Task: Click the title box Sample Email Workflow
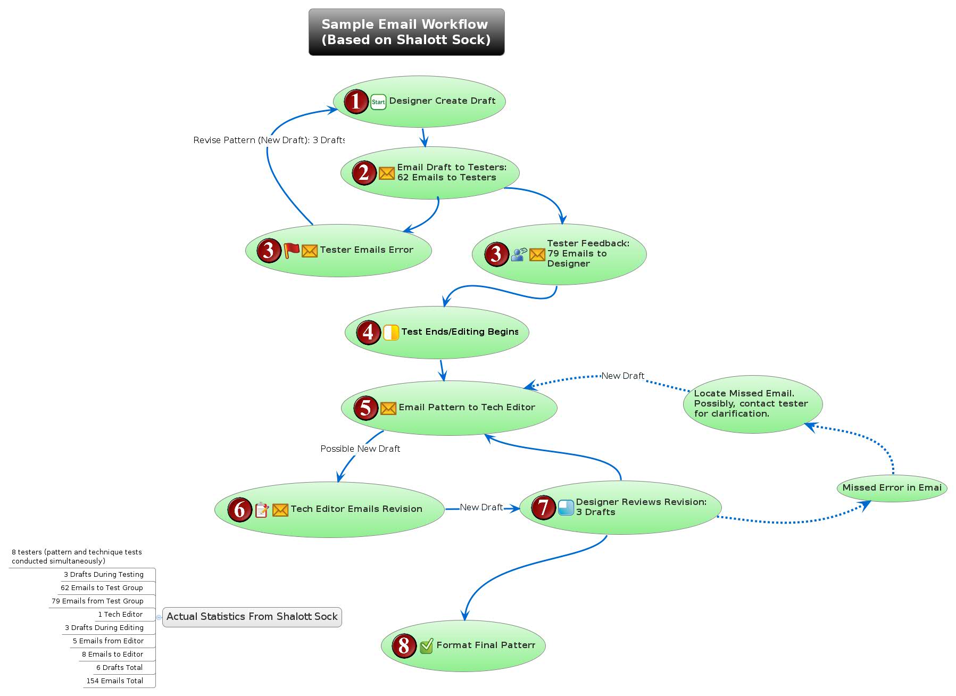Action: pos(406,32)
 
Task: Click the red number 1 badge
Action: pos(356,101)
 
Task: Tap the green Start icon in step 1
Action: pos(378,102)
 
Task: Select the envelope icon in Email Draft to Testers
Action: pos(387,173)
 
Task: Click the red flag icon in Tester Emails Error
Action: pos(291,250)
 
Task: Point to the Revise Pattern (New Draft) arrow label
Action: pos(269,140)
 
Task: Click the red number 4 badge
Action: pos(368,333)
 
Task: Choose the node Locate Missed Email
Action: pos(752,404)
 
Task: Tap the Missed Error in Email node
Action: pos(892,488)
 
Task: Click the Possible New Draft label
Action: pos(360,449)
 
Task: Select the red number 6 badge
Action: pos(239,509)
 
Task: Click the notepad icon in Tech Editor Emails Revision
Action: pos(261,510)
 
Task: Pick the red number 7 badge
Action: pos(543,507)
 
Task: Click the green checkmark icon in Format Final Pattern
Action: pos(426,646)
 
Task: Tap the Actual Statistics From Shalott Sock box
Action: pos(252,617)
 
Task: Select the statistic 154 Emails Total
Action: pos(115,681)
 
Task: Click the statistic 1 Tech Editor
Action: pos(120,614)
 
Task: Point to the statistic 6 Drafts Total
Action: pos(119,667)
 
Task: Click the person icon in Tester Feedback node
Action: pos(519,254)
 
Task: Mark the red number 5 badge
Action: pos(365,408)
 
